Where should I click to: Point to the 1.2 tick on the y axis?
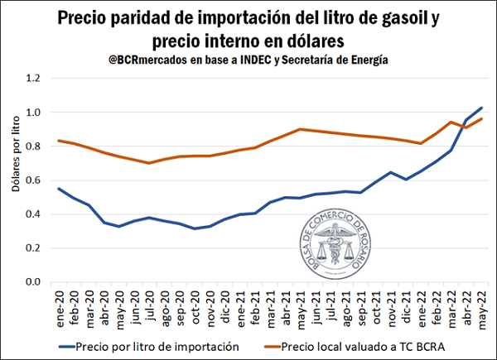pyautogui.click(x=34, y=78)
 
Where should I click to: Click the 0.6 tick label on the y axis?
pyautogui.click(x=34, y=180)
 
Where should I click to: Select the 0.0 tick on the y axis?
pyautogui.click(x=34, y=282)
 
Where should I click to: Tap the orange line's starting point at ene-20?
pyautogui.click(x=59, y=141)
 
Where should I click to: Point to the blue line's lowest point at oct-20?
pyautogui.click(x=195, y=228)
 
